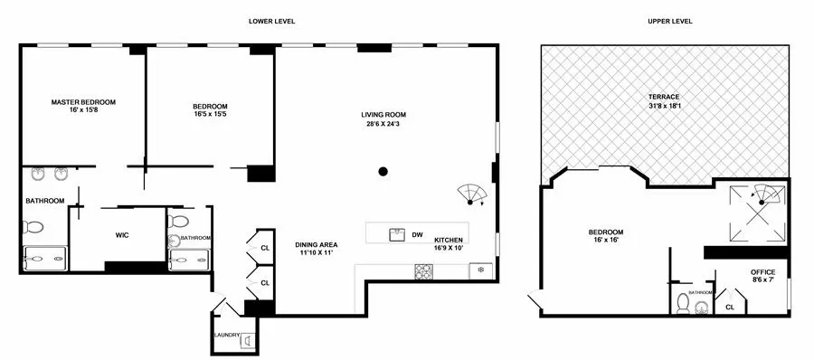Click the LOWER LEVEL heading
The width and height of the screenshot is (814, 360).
(x=272, y=21)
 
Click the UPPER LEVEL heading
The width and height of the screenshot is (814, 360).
(x=670, y=21)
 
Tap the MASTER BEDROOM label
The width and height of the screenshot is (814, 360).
(x=83, y=102)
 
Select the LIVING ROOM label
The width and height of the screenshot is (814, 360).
(x=383, y=115)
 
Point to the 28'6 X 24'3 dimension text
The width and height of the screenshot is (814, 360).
(x=383, y=124)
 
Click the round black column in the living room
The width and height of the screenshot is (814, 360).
(x=383, y=171)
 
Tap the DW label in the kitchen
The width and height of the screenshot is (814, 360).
(x=417, y=235)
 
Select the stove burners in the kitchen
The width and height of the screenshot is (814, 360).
(x=422, y=270)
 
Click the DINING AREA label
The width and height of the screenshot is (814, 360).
(x=317, y=245)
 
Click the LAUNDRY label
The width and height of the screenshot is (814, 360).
(x=226, y=336)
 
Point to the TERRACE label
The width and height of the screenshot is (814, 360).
(x=663, y=97)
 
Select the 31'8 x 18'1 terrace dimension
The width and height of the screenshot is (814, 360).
(x=663, y=106)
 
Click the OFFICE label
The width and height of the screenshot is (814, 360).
(x=763, y=272)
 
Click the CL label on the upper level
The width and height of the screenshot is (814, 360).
(x=730, y=308)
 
